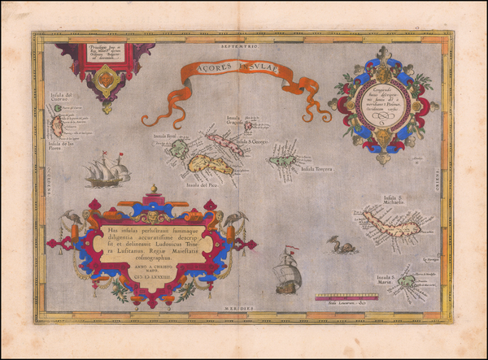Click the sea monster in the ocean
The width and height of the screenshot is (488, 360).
point(344,246)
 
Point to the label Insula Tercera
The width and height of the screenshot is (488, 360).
point(318,170)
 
